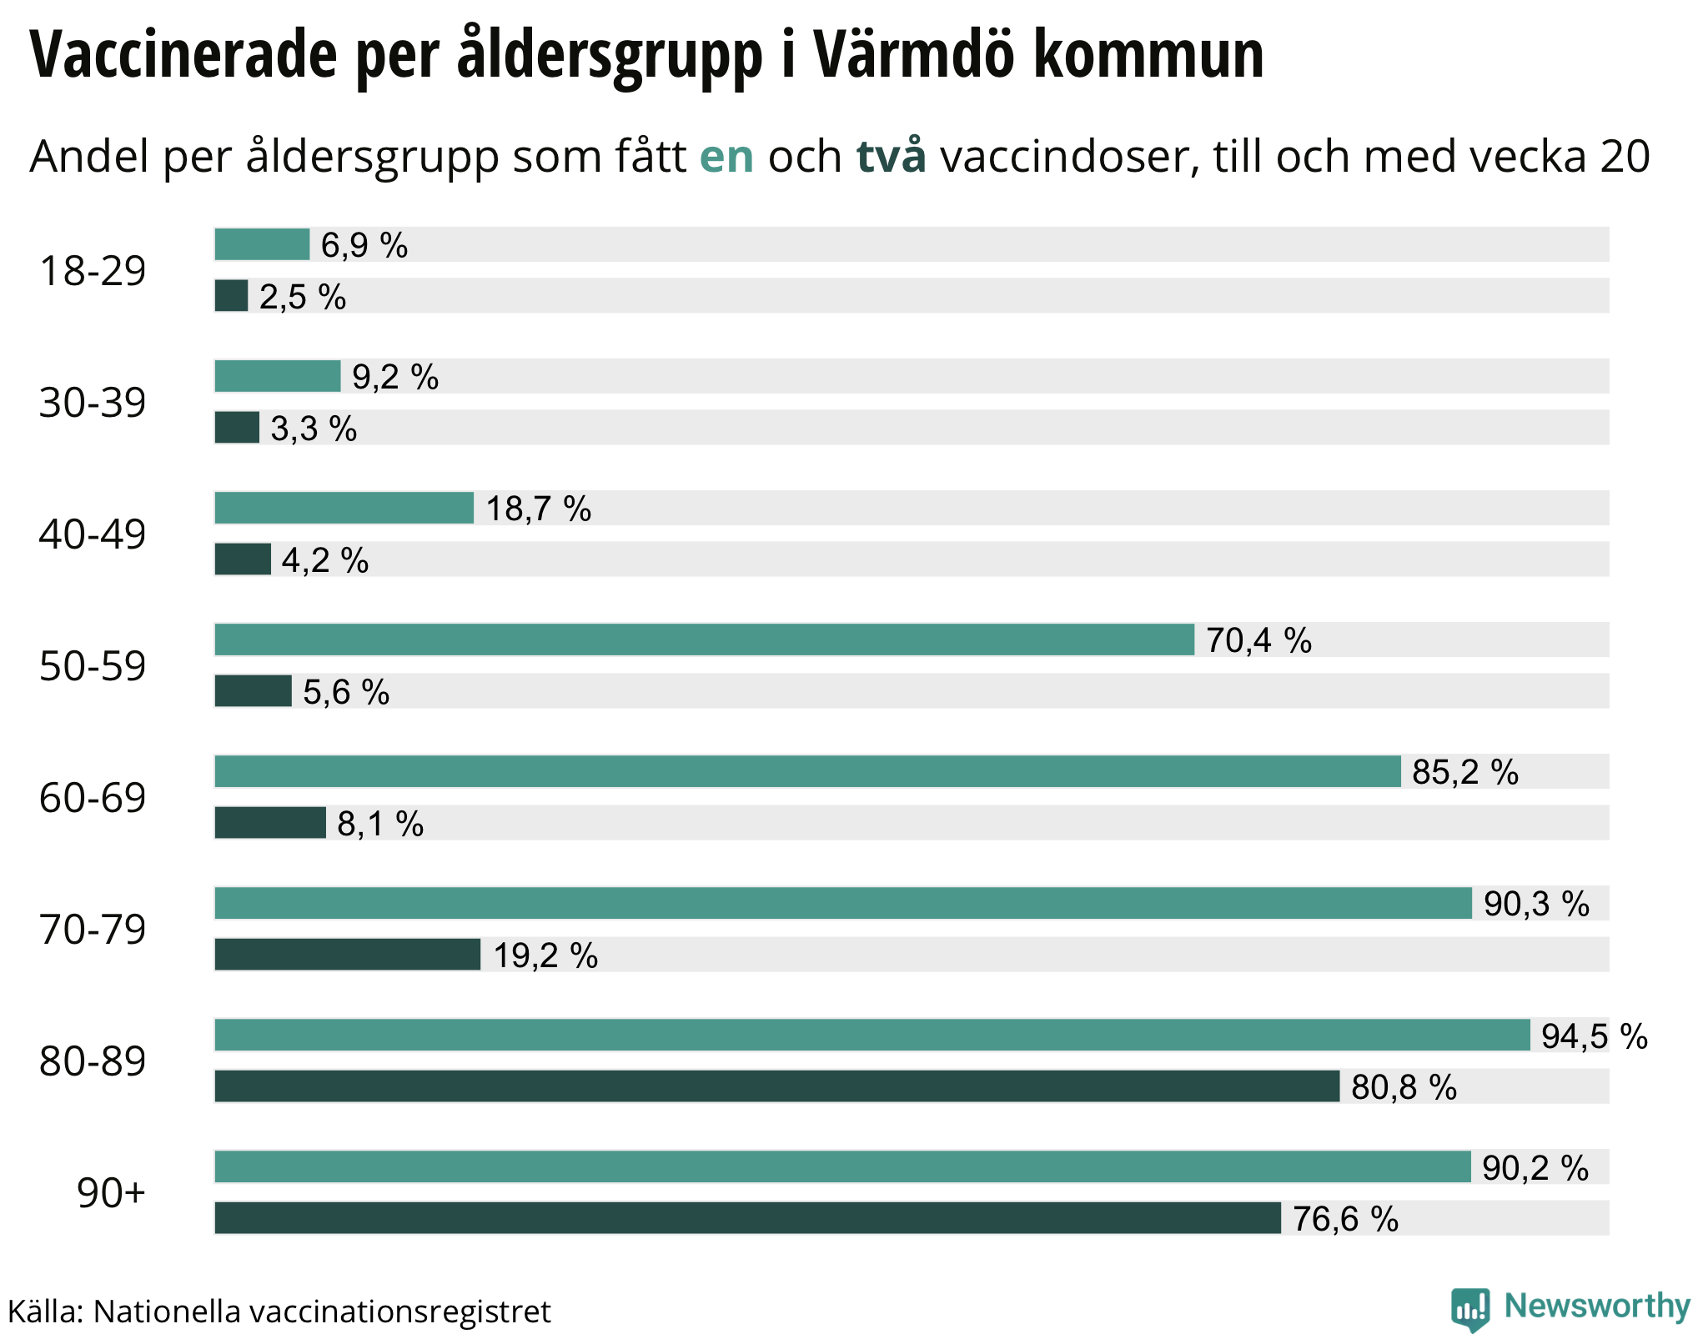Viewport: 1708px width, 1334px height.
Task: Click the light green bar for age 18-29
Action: (262, 244)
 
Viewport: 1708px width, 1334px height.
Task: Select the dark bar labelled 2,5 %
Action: (231, 296)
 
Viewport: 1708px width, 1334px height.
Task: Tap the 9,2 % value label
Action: (395, 377)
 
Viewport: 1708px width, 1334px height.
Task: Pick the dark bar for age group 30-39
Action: (237, 428)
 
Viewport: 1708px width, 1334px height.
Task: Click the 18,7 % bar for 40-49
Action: (344, 508)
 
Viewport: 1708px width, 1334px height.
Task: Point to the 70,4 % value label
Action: (1258, 640)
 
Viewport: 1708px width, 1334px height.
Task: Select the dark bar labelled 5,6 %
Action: (253, 691)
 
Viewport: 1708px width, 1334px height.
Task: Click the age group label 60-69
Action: (93, 798)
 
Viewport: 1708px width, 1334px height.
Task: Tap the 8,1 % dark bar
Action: (269, 823)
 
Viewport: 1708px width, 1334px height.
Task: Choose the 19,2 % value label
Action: (545, 955)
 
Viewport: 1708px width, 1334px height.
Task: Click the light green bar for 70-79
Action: (842, 904)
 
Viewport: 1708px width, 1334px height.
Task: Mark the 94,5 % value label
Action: (1594, 1036)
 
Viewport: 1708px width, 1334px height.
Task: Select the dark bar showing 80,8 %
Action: (776, 1086)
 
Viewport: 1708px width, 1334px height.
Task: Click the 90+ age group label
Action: (111, 1193)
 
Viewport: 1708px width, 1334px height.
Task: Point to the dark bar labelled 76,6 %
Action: (747, 1218)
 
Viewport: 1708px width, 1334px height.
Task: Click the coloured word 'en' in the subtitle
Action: (726, 157)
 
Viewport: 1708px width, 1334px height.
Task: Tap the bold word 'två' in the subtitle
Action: (891, 156)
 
